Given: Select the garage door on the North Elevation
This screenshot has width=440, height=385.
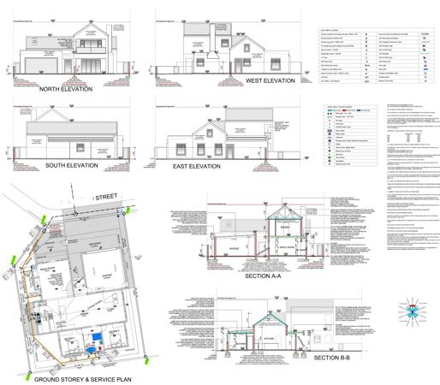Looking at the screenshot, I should coord(34,66).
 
